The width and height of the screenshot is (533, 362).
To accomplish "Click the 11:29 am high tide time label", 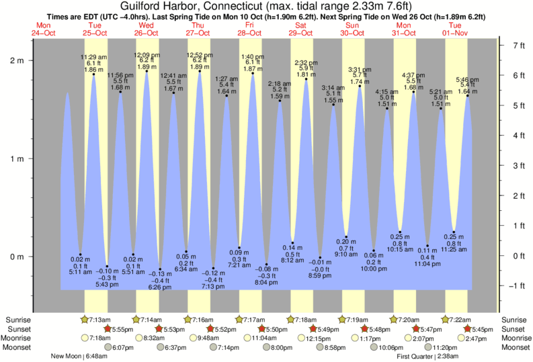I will (93, 56).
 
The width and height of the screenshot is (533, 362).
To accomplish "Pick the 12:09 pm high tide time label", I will (147, 54).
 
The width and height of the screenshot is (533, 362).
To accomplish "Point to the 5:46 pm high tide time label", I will (467, 79).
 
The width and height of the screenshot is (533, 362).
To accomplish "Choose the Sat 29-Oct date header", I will (301, 29).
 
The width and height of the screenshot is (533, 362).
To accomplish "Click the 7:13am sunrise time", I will (99, 319).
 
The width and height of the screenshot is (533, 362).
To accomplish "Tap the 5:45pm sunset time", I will (478, 328).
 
